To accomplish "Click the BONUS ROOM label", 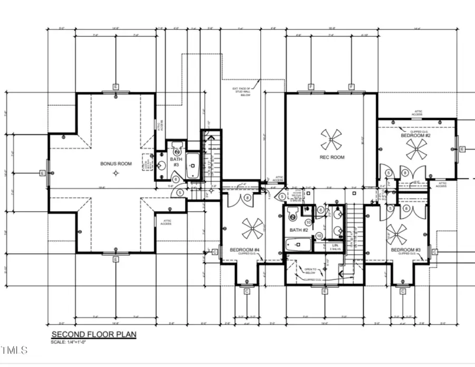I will [116, 164].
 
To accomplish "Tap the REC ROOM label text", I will [332, 157].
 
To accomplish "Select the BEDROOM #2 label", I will [415, 136].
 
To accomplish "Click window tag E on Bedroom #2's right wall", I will [462, 149].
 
